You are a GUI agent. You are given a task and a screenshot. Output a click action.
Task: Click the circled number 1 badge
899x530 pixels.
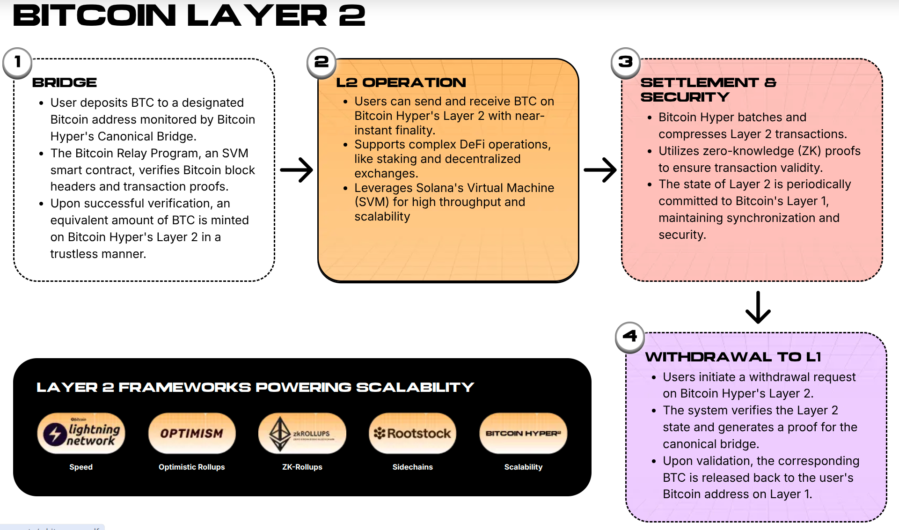[x=17, y=62]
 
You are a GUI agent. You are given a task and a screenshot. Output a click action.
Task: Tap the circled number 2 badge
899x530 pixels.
[x=322, y=62]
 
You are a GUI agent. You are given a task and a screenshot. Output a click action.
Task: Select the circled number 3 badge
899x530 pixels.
[x=626, y=62]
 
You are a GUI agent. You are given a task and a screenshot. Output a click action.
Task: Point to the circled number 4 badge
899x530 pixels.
[x=630, y=337]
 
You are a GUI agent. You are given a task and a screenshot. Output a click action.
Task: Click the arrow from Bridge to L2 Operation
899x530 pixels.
[x=297, y=170]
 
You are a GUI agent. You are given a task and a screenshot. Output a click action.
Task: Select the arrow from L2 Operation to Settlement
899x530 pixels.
[x=600, y=170]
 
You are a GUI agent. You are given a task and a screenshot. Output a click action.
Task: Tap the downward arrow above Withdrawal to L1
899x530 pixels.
[x=758, y=308]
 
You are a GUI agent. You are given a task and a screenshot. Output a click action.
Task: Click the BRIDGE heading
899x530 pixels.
[x=65, y=83]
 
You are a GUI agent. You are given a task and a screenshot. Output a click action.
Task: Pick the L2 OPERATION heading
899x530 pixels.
[x=401, y=83]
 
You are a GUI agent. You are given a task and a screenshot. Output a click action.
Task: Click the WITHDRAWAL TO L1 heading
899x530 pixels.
[x=733, y=357]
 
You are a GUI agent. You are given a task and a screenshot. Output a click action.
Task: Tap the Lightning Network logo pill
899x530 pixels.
[x=81, y=434]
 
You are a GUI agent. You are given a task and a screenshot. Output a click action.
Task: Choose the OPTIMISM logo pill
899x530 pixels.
[x=192, y=434]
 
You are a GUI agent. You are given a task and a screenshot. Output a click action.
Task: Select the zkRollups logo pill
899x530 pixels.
[x=302, y=434]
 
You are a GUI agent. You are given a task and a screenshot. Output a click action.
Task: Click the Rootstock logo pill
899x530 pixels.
[x=413, y=434]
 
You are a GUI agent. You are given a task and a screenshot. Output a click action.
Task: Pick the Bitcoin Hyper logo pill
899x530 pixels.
[x=523, y=434]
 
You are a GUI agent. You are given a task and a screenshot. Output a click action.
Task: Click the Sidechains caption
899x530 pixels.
[x=413, y=467]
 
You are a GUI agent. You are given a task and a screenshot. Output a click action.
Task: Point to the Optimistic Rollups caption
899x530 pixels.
[x=192, y=467]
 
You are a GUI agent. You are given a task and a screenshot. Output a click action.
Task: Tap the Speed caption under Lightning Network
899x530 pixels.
[x=81, y=467]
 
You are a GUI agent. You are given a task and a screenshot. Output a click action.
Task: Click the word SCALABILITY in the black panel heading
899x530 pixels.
[x=415, y=388]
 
